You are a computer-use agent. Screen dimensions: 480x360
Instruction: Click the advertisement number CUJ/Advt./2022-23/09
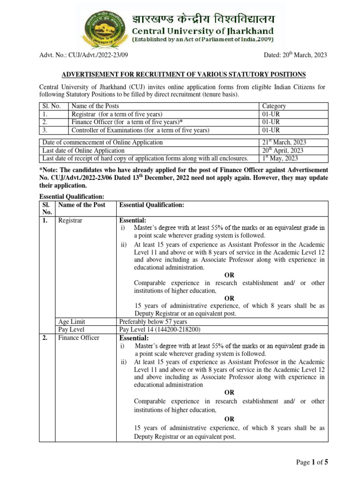coord(97,55)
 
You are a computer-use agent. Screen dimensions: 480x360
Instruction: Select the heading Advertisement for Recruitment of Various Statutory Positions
coord(185,74)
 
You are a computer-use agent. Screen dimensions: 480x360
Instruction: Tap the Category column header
coord(274,106)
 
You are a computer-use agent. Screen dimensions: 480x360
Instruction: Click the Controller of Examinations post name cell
coord(140,130)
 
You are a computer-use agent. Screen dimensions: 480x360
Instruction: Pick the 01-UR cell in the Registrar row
coord(271,114)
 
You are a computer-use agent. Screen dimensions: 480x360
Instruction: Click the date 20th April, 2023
coord(283,150)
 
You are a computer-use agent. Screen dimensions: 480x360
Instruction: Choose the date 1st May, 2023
coord(280,158)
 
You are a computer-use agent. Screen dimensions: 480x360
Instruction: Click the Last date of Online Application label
coord(83,150)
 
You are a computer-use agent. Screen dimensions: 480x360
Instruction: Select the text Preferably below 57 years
coord(154,322)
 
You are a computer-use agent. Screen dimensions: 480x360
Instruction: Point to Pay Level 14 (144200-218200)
coord(160,330)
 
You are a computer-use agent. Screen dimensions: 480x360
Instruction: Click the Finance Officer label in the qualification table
coord(79,338)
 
